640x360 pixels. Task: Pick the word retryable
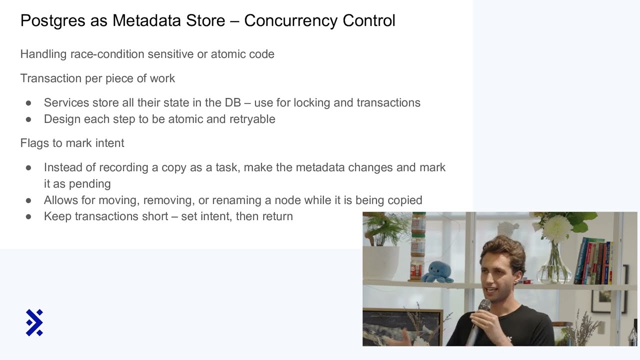(252, 119)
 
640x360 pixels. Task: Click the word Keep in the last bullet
(56, 216)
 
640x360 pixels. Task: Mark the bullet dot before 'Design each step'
(28, 119)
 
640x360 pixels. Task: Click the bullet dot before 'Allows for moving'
(28, 200)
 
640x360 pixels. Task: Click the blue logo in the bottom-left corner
(34, 322)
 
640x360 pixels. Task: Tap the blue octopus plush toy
(438, 272)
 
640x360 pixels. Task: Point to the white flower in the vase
(556, 229)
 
